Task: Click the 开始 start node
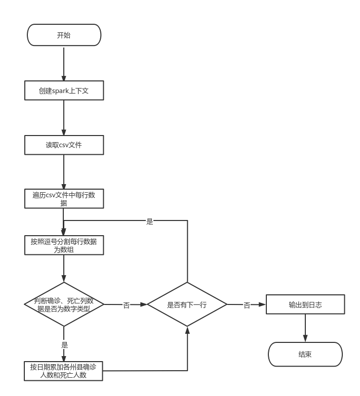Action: point(64,35)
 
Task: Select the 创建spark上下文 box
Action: point(64,91)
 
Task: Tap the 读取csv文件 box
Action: point(64,145)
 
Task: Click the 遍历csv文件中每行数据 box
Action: point(64,199)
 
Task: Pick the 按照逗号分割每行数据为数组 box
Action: point(64,245)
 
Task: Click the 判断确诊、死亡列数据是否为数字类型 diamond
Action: point(64,304)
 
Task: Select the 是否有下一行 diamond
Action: point(187,305)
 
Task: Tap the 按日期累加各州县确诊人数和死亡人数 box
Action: point(64,371)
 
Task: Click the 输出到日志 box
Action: point(305,305)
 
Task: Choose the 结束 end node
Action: point(305,354)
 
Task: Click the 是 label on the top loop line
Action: point(149,221)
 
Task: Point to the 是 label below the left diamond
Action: point(64,344)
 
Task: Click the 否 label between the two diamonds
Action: point(126,305)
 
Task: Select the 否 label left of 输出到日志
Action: point(247,305)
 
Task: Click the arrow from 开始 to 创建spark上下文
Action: point(64,63)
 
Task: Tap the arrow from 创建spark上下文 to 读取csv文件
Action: point(64,118)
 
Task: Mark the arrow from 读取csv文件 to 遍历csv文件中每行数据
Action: point(64,172)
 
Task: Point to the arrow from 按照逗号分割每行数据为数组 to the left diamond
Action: point(64,269)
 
